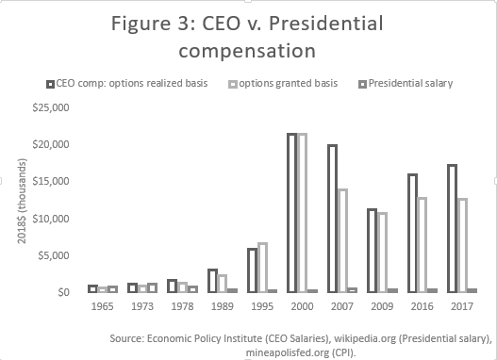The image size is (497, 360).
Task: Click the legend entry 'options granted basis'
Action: point(290,83)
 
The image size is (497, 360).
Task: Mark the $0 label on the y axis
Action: point(65,292)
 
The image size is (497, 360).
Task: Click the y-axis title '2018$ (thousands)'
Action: point(19,201)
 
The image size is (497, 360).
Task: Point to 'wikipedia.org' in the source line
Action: point(360,334)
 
